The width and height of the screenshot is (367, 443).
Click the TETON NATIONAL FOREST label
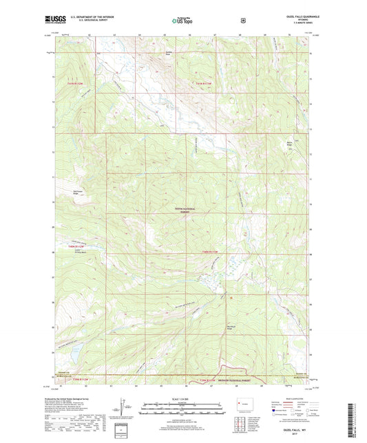[181, 211]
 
